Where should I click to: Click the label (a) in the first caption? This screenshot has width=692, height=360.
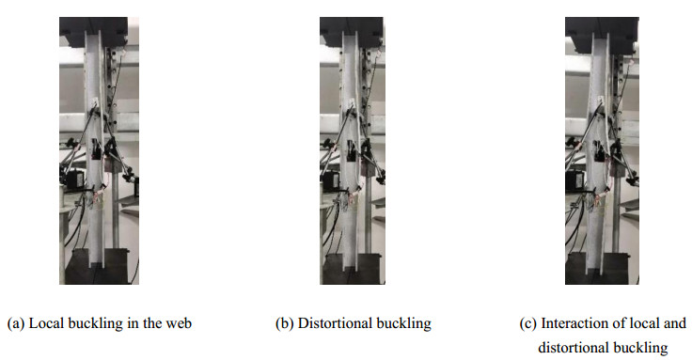16,323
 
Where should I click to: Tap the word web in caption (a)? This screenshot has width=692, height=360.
179,323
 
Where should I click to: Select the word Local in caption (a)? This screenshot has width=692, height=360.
46,323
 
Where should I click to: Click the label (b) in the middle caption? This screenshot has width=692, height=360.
285,323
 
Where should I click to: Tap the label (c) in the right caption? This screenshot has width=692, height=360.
527,323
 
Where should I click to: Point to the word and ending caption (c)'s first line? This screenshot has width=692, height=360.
675,323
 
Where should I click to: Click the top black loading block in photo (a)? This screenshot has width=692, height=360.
94,31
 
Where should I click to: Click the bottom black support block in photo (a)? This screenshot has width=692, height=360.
96,267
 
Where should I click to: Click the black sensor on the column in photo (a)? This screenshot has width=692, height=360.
95,149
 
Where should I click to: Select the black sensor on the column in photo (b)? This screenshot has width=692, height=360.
352,151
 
